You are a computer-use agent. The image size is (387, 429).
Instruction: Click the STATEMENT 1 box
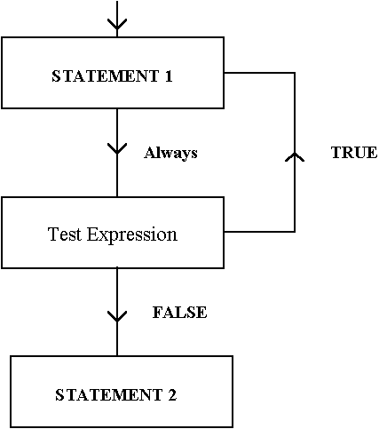tap(113, 73)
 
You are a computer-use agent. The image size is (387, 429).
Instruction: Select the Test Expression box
tap(113, 233)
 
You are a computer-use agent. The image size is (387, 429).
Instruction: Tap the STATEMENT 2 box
tap(122, 392)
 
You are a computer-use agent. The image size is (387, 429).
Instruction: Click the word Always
tap(170, 154)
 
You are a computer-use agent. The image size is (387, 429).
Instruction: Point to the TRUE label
tap(354, 153)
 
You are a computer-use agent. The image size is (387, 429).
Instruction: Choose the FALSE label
tap(179, 313)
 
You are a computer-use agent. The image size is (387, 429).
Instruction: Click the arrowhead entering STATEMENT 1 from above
tap(117, 24)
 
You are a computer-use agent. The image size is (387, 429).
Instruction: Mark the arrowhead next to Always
tap(117, 148)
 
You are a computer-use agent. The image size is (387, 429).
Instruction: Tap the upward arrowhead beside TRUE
tap(295, 157)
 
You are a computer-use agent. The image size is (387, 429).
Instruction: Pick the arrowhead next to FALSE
tap(117, 316)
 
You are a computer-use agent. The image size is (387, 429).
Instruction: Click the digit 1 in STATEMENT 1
tap(169, 75)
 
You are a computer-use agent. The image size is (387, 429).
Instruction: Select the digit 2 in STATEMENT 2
tap(172, 395)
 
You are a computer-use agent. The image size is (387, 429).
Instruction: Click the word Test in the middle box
tap(64, 234)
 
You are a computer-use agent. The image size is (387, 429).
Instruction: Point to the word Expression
tap(132, 234)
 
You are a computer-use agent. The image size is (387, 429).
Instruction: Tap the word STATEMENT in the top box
tap(106, 75)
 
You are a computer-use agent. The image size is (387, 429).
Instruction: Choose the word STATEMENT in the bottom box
tap(109, 395)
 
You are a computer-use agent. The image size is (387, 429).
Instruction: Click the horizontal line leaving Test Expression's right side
tap(259, 232)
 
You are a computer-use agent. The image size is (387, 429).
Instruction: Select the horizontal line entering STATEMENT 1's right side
tap(259, 73)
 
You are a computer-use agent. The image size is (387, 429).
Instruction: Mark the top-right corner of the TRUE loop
tap(295, 73)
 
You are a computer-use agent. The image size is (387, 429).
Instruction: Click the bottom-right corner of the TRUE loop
tap(295, 232)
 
